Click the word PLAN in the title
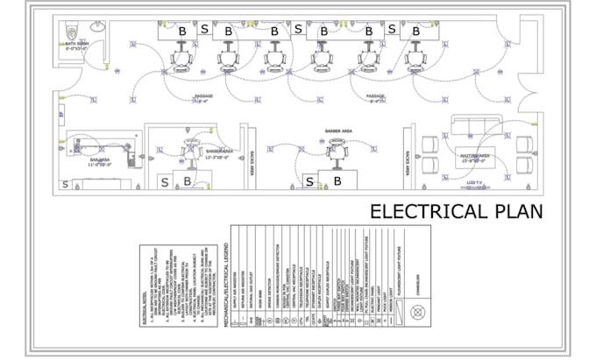516,211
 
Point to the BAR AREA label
97,160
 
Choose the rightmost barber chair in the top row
413,56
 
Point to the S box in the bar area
65,184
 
